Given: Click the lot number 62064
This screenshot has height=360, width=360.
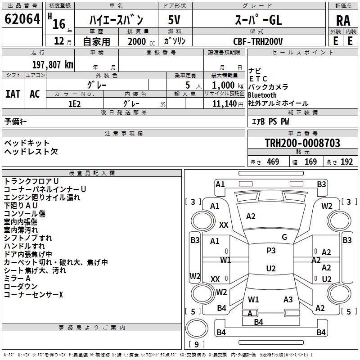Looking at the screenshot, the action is (x=22, y=19).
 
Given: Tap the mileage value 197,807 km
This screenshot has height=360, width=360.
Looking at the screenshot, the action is (x=53, y=65).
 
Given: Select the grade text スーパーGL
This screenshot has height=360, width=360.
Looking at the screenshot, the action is (x=258, y=20).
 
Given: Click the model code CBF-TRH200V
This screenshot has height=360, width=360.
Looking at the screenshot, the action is (x=258, y=41).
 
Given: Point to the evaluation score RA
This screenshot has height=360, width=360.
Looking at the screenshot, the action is (x=343, y=21).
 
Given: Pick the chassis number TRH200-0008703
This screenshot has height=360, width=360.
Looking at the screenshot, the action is (x=302, y=143).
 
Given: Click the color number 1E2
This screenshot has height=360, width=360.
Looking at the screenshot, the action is (x=74, y=104).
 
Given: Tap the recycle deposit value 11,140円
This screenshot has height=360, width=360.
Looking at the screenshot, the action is (x=228, y=104).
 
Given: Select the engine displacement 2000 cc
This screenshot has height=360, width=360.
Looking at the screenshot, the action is (x=141, y=42).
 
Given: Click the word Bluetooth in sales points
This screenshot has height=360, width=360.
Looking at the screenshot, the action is (x=262, y=95).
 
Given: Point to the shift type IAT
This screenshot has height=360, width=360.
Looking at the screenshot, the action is (x=13, y=94).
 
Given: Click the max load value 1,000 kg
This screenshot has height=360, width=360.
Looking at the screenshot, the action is (x=228, y=85).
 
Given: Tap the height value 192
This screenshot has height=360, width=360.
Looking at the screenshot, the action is (x=346, y=162).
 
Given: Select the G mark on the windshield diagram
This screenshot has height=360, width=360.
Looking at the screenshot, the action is (x=284, y=237).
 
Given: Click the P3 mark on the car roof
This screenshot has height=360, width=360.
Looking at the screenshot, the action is (x=271, y=251).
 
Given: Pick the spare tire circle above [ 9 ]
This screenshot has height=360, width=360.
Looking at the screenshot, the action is (x=197, y=328).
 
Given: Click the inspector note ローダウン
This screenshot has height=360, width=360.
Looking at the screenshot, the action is (x=21, y=286).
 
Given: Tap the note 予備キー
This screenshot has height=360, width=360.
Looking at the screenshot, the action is (x=15, y=121).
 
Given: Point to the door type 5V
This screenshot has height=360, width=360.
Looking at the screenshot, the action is (x=174, y=20).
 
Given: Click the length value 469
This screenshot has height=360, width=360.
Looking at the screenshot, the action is (x=273, y=162).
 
